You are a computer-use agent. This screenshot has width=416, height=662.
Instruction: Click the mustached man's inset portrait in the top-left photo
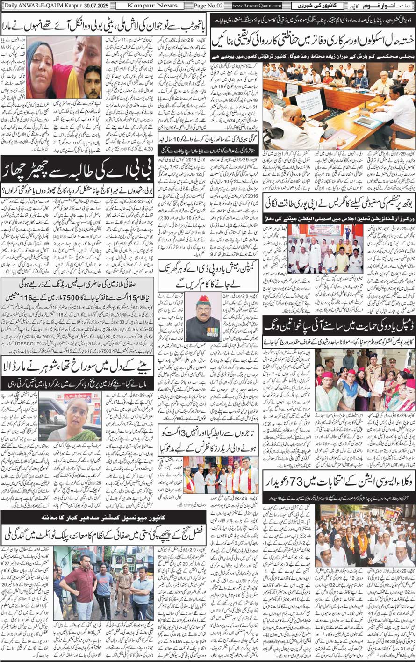pos(93,82)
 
